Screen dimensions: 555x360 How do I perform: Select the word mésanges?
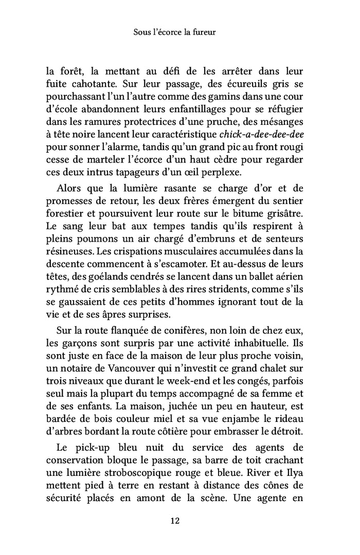pyautogui.click(x=282, y=122)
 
